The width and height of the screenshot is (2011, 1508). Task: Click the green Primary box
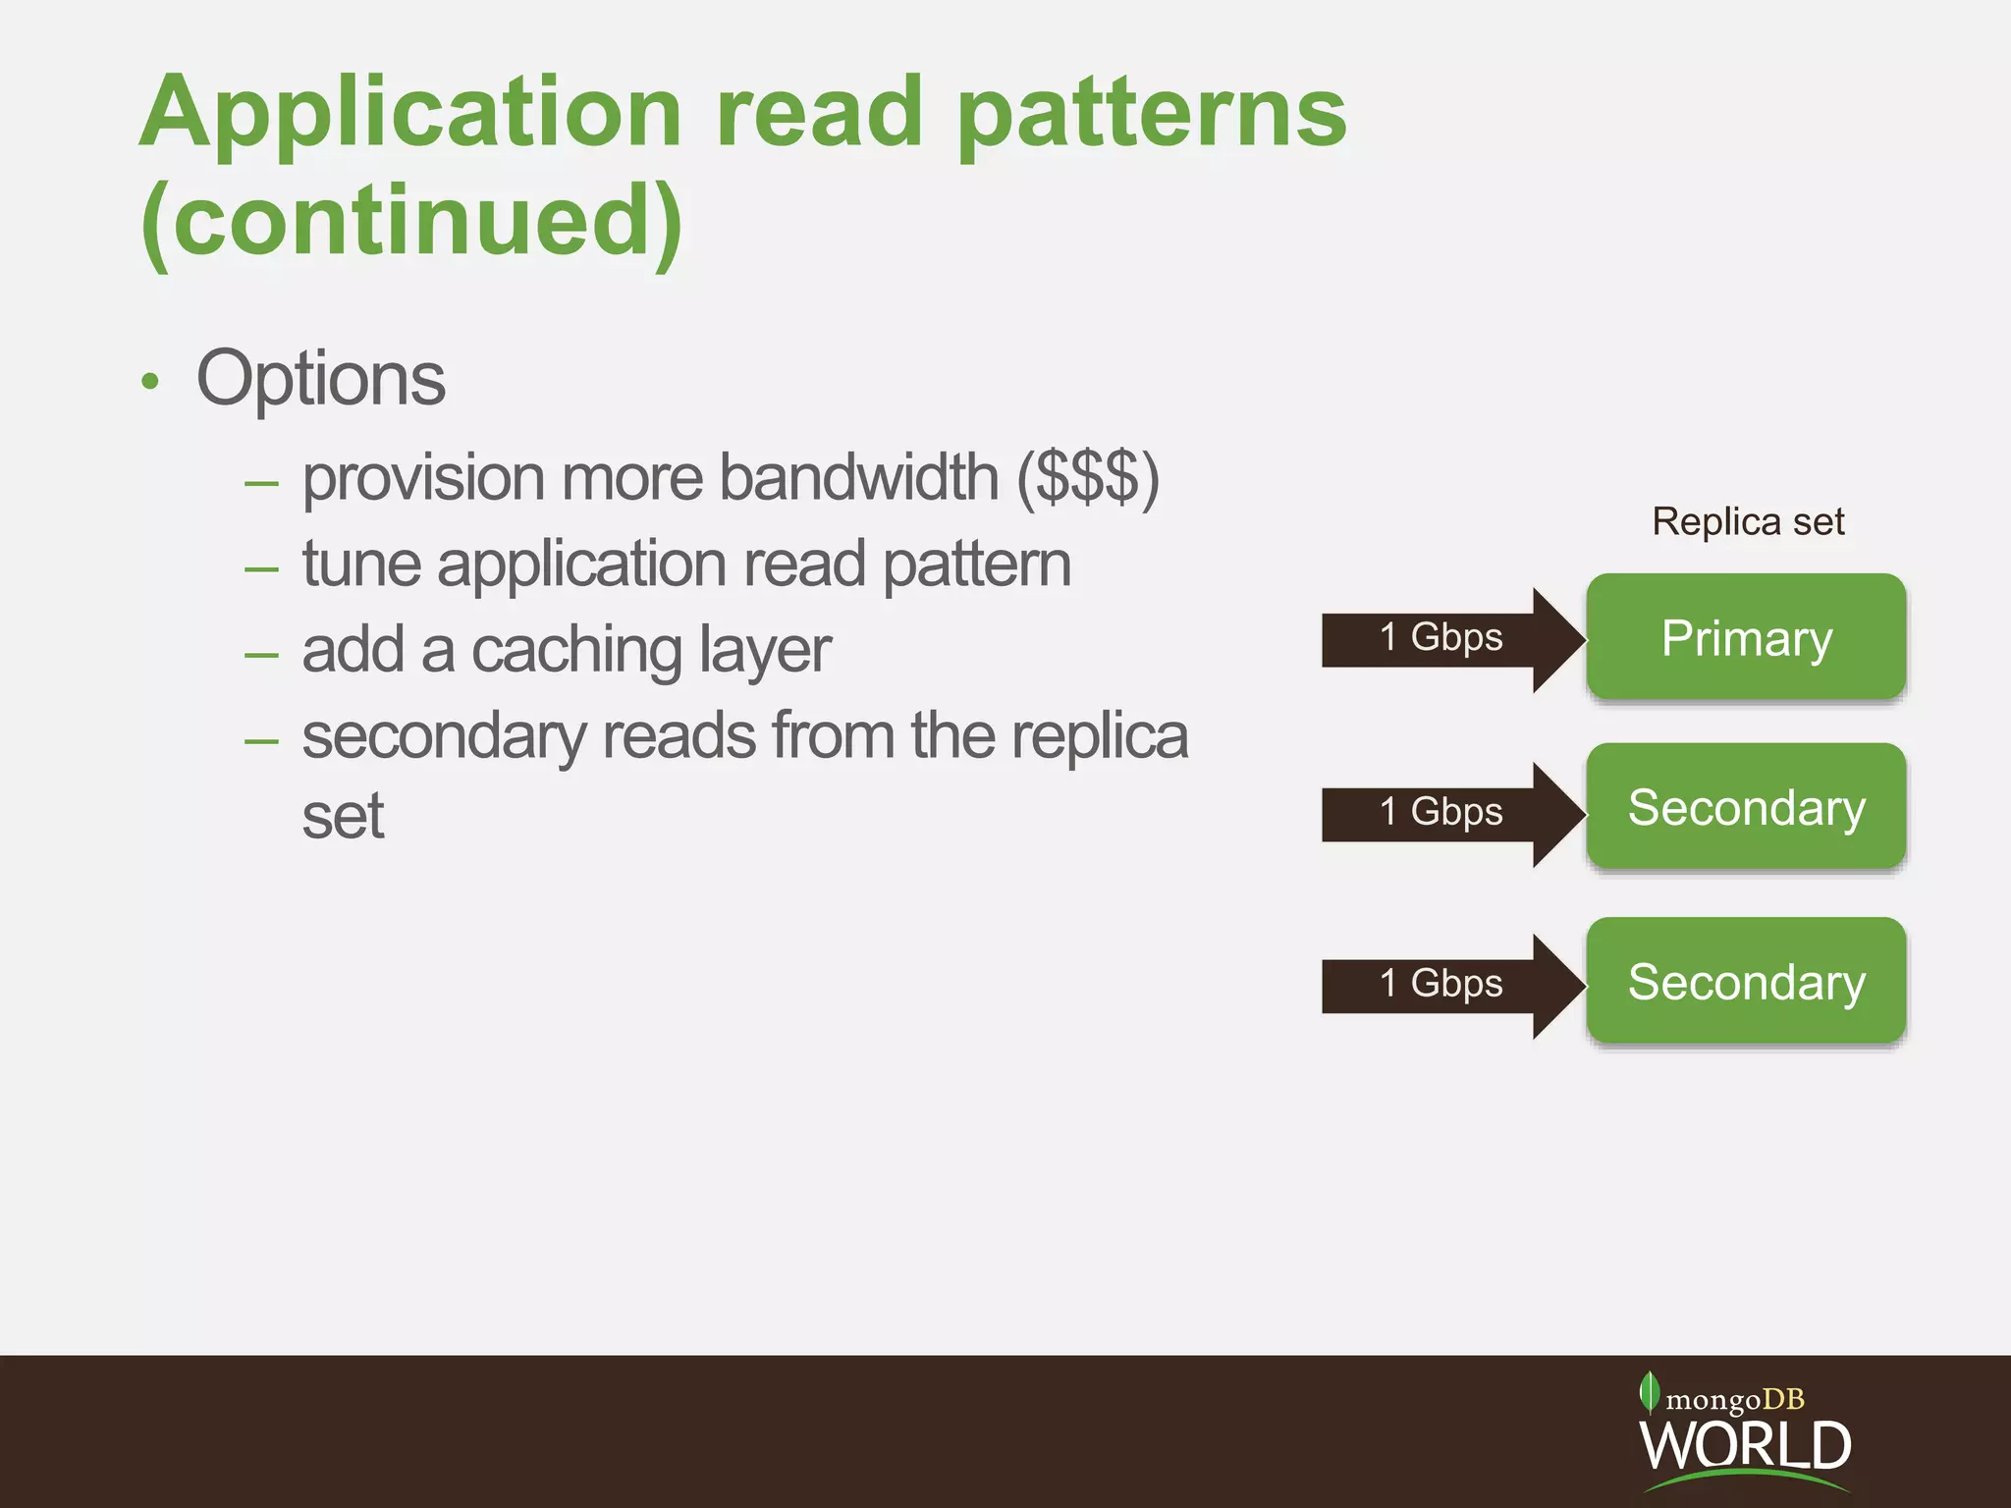[x=1746, y=637]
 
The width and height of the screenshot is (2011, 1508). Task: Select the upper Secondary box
[x=1746, y=807]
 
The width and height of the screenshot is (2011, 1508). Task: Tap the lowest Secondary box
[x=1746, y=981]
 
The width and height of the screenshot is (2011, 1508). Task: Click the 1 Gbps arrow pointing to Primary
[x=1443, y=639]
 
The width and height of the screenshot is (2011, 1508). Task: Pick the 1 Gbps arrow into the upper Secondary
[x=1443, y=813]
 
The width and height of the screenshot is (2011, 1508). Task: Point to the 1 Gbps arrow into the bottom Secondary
[x=1443, y=985]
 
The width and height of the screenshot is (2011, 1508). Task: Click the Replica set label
[x=1748, y=521]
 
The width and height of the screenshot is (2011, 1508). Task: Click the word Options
[x=321, y=379]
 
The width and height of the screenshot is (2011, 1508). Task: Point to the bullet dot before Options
[x=149, y=382]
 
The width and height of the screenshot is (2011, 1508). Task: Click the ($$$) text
[x=1088, y=479]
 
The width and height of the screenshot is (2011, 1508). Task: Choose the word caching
[x=576, y=651]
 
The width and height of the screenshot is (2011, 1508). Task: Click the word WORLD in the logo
[x=1746, y=1445]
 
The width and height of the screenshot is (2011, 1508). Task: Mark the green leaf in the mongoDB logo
[x=1649, y=1392]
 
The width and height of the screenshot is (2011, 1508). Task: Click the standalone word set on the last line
[x=343, y=817]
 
